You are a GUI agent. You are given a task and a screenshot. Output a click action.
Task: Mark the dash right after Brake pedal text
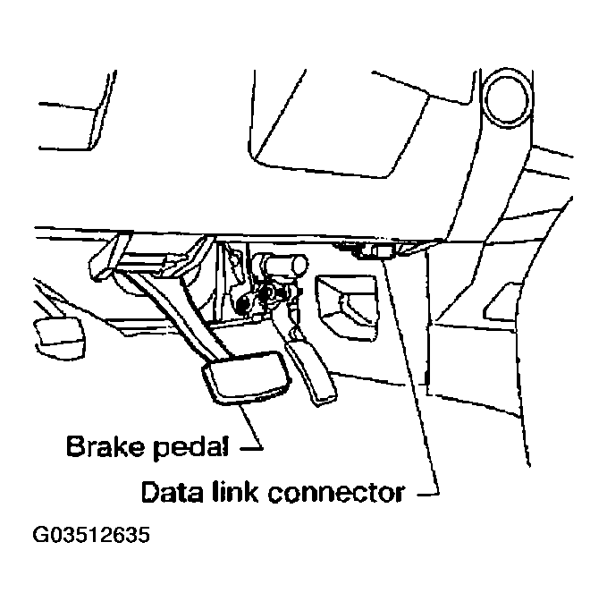[x=254, y=445]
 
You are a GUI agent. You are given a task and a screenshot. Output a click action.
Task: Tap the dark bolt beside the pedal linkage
[x=242, y=306]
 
